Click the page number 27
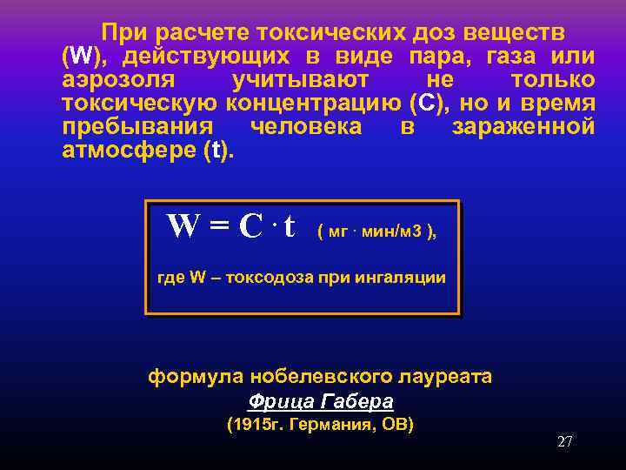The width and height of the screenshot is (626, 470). pyautogui.click(x=564, y=441)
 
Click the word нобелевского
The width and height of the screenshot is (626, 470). pyautogui.click(x=310, y=377)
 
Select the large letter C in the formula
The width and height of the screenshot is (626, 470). pyautogui.click(x=250, y=227)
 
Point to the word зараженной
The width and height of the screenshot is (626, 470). pyautogui.click(x=523, y=127)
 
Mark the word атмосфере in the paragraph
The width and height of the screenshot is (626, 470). pyautogui.click(x=130, y=151)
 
